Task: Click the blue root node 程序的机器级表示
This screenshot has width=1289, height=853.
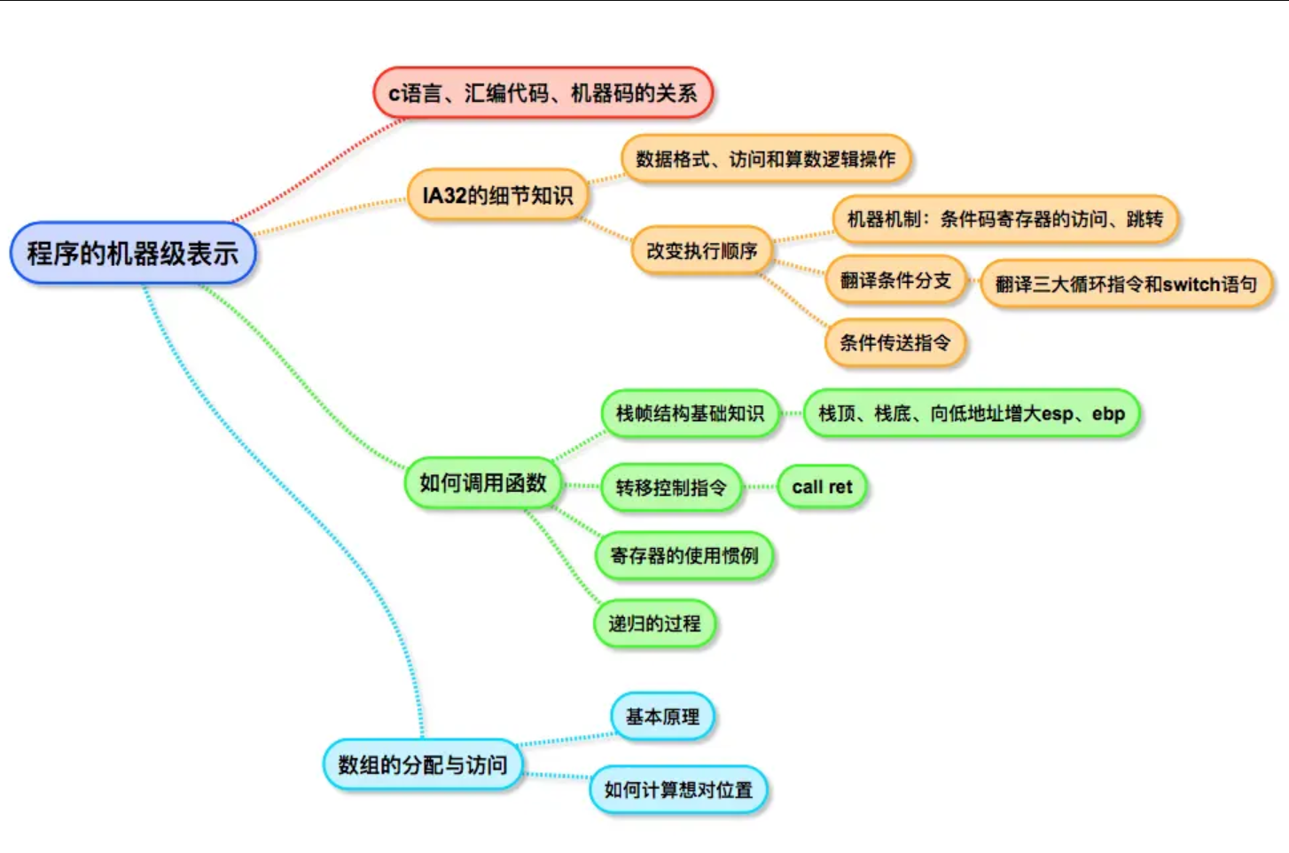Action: coord(133,254)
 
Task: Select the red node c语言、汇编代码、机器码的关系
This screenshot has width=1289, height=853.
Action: coord(543,93)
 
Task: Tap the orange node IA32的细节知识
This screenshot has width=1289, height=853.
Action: coord(497,195)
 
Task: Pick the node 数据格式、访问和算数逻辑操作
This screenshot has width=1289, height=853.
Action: coord(765,160)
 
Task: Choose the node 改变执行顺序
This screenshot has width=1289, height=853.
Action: coord(701,251)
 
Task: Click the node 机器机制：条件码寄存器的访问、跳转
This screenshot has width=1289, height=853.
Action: coord(1004,219)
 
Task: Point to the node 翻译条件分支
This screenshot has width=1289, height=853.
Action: coord(894,280)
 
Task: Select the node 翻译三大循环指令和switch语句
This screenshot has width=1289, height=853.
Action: coord(1126,284)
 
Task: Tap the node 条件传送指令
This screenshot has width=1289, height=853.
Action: coord(894,342)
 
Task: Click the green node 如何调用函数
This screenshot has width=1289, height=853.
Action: coord(482,483)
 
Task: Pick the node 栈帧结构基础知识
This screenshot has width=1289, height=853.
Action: coord(690,413)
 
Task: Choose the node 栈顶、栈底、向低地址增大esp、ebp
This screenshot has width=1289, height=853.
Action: coord(971,413)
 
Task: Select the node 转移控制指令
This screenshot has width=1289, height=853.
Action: coord(670,487)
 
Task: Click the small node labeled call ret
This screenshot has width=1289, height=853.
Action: coord(822,487)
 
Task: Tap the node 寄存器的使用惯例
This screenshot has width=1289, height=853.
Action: coord(684,556)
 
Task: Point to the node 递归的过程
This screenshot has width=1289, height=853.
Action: coord(654,623)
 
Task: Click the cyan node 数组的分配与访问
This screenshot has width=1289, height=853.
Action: coord(422,764)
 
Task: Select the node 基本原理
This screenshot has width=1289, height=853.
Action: coord(662,716)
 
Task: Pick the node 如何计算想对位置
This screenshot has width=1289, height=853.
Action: coord(678,789)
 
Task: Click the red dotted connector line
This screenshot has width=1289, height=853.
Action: coord(319,168)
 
